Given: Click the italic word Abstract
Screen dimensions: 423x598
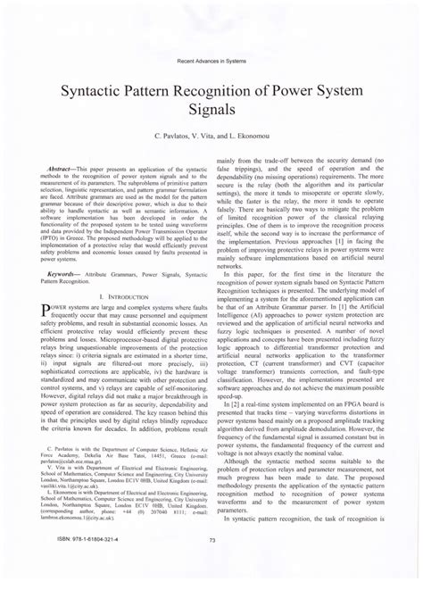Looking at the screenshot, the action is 62,167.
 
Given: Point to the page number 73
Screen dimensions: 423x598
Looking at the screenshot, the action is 211,563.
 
